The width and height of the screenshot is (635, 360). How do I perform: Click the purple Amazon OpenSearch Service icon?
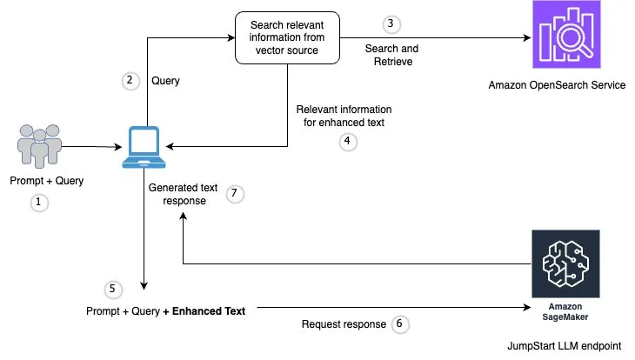[566, 34]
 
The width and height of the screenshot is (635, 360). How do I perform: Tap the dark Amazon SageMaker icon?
[565, 263]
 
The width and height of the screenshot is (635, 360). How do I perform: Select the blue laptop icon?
[144, 147]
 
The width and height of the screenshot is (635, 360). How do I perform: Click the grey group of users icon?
[39, 146]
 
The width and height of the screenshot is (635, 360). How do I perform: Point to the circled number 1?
[39, 202]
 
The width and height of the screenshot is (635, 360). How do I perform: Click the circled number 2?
[130, 81]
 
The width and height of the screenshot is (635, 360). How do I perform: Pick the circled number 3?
[391, 24]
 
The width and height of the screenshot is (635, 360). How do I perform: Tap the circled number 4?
[348, 142]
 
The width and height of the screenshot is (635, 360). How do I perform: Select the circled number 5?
[113, 290]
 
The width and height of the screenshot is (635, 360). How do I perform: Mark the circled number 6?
[400, 324]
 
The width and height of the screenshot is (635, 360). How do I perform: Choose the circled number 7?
[235, 194]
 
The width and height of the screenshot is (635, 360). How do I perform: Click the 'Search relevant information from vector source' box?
[287, 37]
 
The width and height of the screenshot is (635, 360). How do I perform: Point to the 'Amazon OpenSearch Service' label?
[557, 85]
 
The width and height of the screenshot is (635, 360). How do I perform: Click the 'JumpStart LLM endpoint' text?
[565, 346]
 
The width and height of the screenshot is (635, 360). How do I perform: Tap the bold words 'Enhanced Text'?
[209, 311]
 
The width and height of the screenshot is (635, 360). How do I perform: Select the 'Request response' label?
[344, 324]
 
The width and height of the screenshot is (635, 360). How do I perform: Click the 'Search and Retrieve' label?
[392, 55]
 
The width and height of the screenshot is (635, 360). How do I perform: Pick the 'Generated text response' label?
[183, 195]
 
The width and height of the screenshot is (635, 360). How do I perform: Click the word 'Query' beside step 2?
[165, 81]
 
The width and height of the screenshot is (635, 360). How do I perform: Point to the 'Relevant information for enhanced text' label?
[344, 116]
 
